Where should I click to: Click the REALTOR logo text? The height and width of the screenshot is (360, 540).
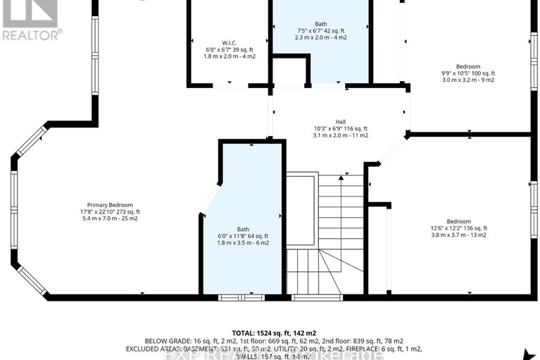click(x=31, y=33)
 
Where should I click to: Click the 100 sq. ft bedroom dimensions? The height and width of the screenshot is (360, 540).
click(x=467, y=73)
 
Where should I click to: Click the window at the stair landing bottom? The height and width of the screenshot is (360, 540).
click(x=307, y=297)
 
